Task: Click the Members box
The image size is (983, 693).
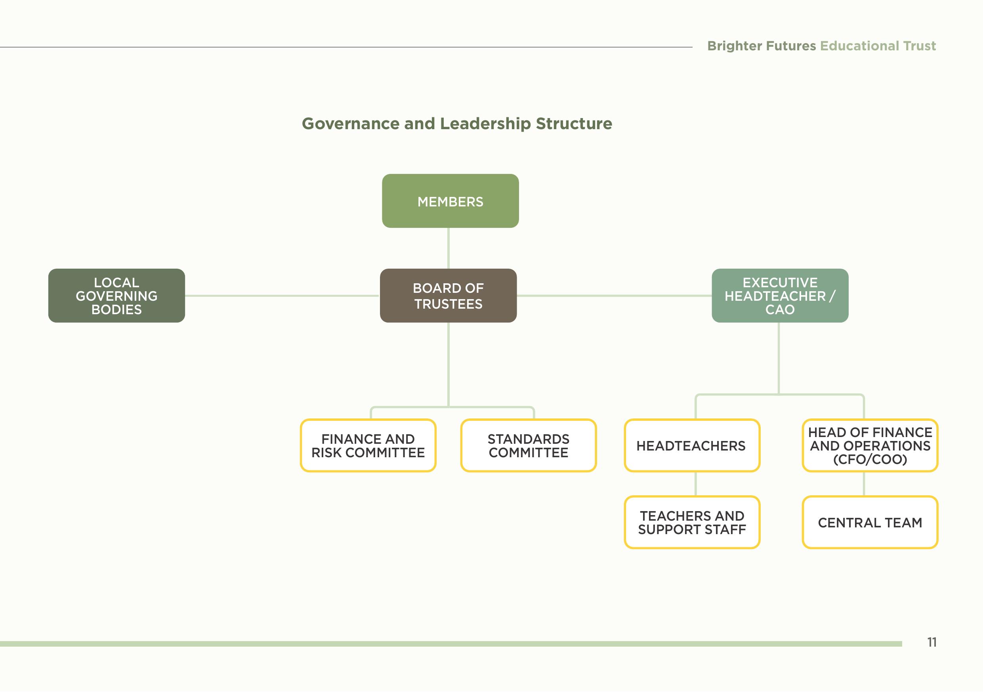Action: pyautogui.click(x=450, y=201)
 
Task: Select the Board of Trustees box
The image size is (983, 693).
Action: pyautogui.click(x=448, y=295)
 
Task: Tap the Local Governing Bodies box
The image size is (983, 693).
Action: pyautogui.click(x=116, y=295)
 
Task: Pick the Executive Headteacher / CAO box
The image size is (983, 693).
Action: pyautogui.click(x=780, y=295)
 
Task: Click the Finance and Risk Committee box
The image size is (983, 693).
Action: pyautogui.click(x=368, y=445)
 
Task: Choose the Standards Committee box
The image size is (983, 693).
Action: pyautogui.click(x=528, y=445)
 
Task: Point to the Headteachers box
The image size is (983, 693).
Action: pyautogui.click(x=691, y=445)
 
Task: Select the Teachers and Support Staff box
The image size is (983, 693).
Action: pyautogui.click(x=691, y=522)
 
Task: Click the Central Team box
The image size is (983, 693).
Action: pyautogui.click(x=870, y=522)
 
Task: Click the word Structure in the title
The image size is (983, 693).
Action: pyautogui.click(x=574, y=124)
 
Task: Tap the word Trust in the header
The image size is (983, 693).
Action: pyautogui.click(x=919, y=46)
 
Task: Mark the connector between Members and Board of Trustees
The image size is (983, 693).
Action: pyautogui.click(x=448, y=248)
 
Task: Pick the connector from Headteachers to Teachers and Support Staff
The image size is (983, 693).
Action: pyautogui.click(x=695, y=484)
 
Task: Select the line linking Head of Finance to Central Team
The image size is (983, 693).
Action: pyautogui.click(x=864, y=484)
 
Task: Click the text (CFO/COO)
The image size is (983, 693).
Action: pyautogui.click(x=870, y=459)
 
